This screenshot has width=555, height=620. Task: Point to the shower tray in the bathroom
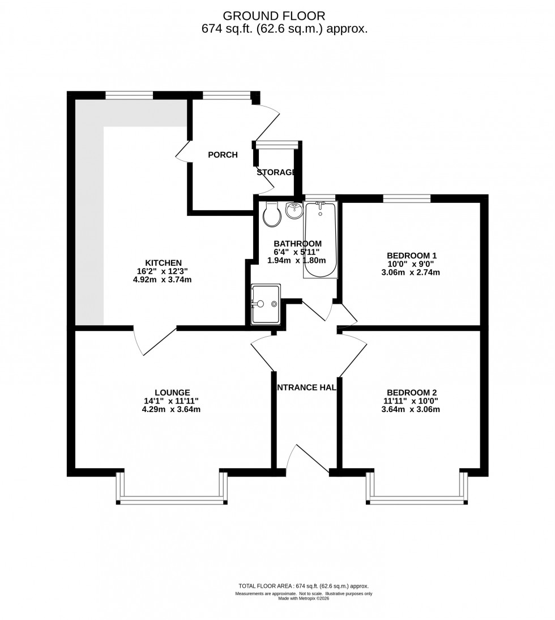266,304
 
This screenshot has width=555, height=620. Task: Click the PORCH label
223,155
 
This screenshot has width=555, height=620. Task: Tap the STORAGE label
276,172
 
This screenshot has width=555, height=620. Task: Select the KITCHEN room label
163,262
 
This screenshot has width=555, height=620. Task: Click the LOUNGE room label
172,392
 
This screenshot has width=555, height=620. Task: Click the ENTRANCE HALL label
306,388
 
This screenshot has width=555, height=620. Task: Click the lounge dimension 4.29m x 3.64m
172,409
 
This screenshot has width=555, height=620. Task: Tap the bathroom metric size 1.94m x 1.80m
297,260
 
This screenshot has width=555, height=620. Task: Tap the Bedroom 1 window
407,198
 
